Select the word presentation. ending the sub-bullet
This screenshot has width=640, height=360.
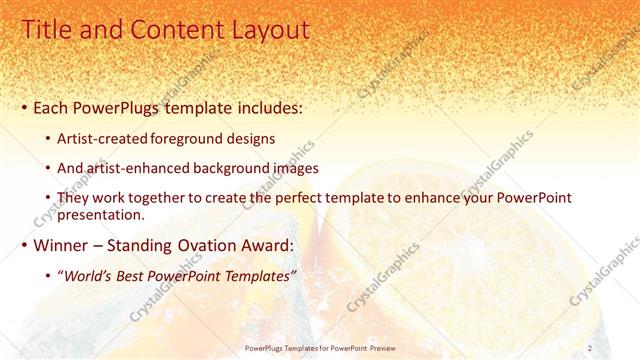click(x=103, y=215)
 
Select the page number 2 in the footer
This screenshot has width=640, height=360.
click(x=591, y=348)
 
